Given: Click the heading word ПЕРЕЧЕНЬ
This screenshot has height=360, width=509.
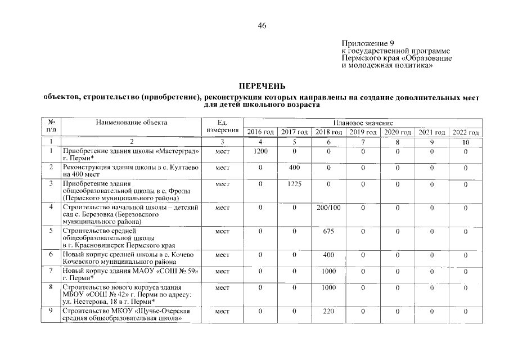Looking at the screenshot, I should (x=262, y=86).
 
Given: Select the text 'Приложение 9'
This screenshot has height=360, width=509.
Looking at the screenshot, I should (x=368, y=43).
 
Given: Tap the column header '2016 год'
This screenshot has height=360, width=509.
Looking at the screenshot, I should (x=260, y=132).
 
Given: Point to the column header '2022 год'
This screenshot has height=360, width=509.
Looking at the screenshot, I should (x=465, y=132).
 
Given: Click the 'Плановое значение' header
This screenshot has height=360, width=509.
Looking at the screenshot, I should (x=363, y=123).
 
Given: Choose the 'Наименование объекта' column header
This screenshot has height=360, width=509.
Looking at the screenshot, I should (x=132, y=123).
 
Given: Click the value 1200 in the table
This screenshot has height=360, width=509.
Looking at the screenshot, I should (x=260, y=152).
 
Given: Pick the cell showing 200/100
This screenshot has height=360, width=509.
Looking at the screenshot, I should (x=328, y=208).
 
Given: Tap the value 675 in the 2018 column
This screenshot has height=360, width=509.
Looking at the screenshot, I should (x=328, y=231).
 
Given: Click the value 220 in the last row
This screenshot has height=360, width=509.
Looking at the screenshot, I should (x=328, y=310).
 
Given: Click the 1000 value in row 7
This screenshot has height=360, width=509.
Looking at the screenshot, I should (x=328, y=271).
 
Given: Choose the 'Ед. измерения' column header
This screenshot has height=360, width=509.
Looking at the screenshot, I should (x=222, y=127).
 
